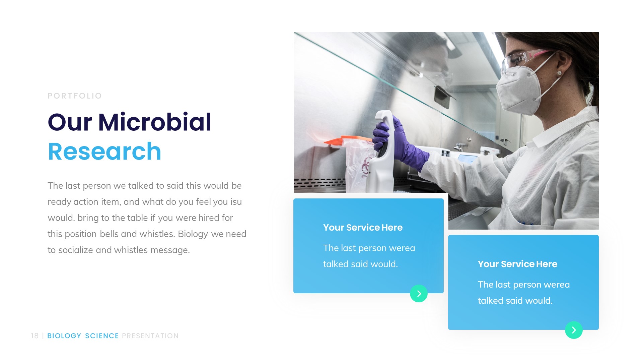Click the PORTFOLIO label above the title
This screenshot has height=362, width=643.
coord(75,96)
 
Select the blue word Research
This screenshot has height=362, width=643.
coord(104,152)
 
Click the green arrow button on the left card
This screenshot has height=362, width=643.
coord(419,294)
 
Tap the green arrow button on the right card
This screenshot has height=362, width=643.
coord(574,330)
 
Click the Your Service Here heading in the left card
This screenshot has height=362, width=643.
coord(363,228)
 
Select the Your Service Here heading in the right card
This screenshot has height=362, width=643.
coord(517,264)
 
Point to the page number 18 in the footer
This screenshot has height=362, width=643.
coord(35,336)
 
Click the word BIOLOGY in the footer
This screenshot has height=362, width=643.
coord(64,336)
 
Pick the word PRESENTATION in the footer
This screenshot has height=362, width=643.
coord(150,336)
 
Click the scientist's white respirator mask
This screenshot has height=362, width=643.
coord(517,89)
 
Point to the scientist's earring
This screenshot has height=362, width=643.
coord(559,73)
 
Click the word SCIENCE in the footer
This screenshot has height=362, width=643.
coord(102,336)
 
